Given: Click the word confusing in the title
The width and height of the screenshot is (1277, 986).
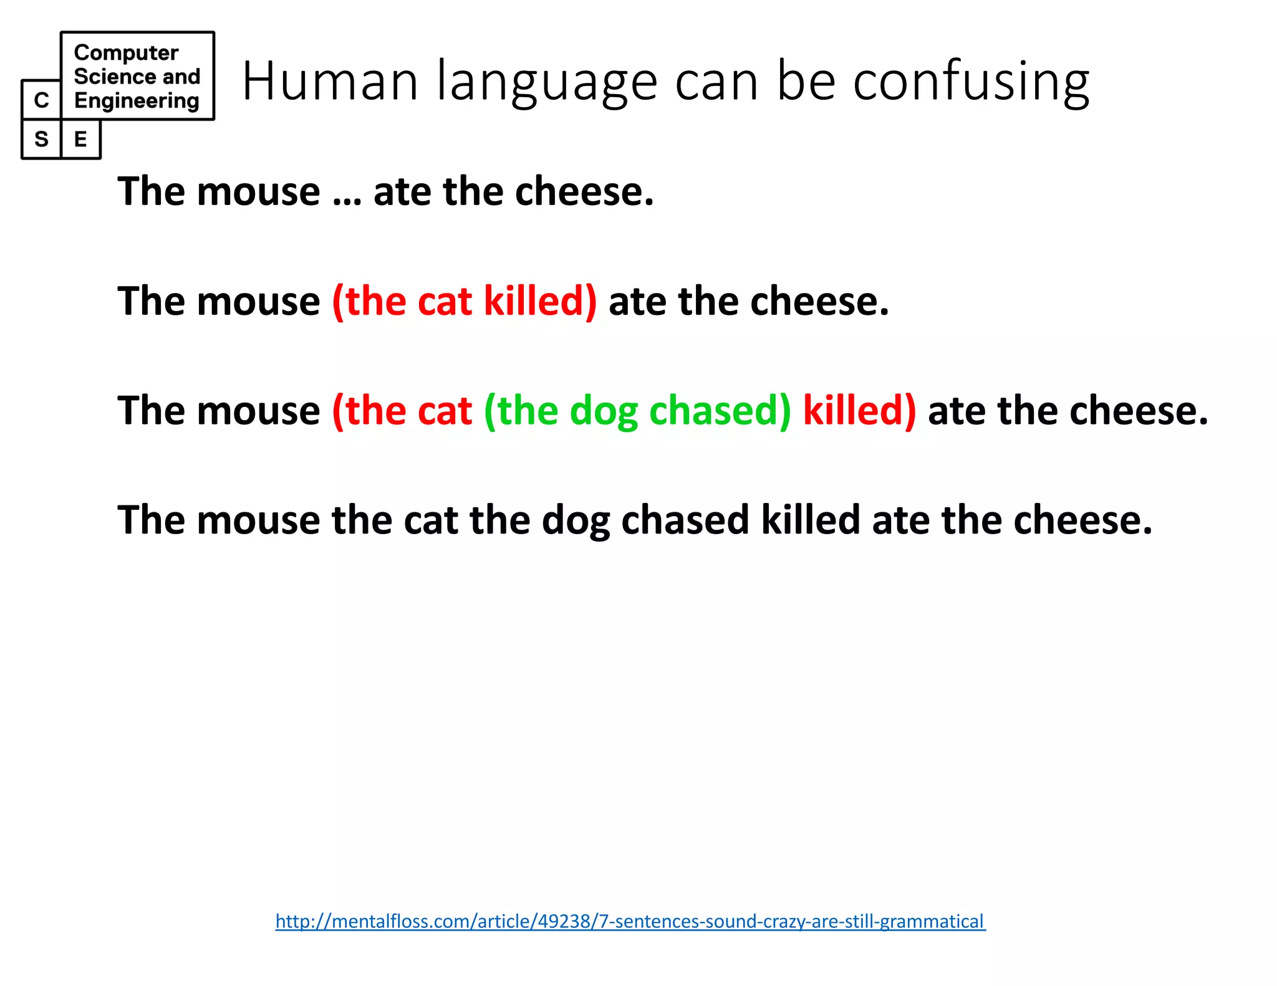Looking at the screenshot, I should (x=971, y=82).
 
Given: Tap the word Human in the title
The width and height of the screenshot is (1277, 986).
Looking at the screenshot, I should (x=330, y=80).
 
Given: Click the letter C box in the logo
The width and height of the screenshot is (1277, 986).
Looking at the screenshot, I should (x=41, y=100).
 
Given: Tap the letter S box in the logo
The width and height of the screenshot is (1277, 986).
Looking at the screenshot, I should (x=41, y=139).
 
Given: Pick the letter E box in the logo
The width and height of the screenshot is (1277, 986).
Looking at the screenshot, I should (x=80, y=139).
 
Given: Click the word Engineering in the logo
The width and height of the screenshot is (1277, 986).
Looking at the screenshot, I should (x=137, y=101).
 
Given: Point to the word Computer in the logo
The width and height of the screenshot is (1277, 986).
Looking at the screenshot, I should (x=126, y=53).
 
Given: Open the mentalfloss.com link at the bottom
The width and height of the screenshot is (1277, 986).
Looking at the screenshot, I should (x=630, y=921).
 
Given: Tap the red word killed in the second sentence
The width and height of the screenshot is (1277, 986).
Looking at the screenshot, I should (x=539, y=301).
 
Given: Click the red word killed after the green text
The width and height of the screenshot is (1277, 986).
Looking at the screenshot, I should (x=859, y=411).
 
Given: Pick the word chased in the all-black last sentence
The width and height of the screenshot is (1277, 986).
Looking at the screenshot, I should (x=685, y=520).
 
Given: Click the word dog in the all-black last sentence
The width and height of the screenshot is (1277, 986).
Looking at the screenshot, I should (x=576, y=521).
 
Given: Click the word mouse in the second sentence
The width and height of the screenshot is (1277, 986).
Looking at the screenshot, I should (x=258, y=302).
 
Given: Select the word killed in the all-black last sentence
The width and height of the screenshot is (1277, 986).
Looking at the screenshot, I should (x=810, y=520).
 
